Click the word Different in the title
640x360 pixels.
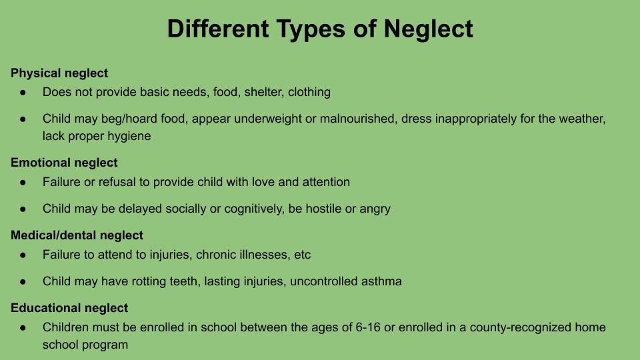click(218, 29)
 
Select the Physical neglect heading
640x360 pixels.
click(59, 73)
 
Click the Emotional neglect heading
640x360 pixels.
click(64, 163)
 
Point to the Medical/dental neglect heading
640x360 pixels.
click(77, 235)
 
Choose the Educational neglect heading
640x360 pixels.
click(69, 308)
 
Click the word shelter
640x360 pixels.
click(263, 92)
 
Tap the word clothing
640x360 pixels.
click(309, 93)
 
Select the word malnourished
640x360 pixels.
click(357, 119)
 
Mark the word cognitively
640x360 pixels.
click(253, 209)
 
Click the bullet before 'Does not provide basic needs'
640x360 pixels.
click(23, 93)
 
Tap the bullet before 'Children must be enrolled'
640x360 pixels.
click(23, 328)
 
